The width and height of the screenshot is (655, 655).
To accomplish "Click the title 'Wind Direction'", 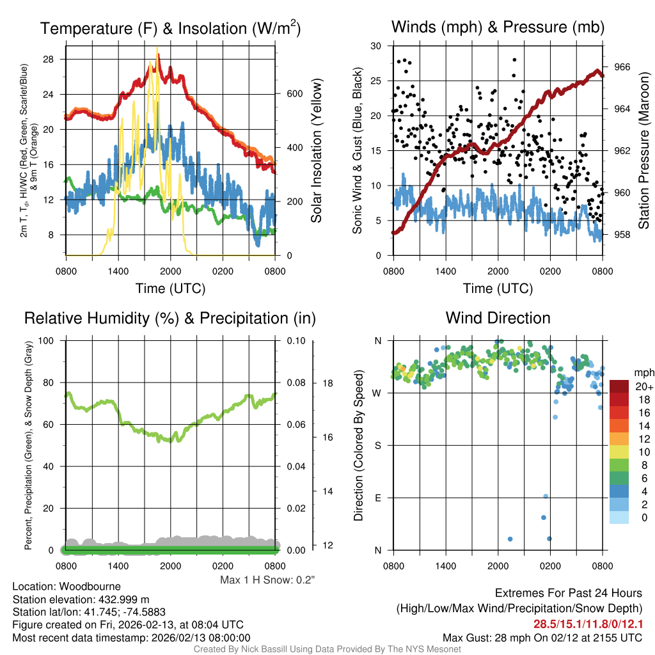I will (498, 318).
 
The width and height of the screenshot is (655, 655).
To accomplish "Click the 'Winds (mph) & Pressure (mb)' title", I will (498, 28).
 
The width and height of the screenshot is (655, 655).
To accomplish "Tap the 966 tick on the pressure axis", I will (622, 67).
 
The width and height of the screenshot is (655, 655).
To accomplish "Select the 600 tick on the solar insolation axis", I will (294, 93).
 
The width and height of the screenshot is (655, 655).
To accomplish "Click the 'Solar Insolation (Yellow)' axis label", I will (317, 151).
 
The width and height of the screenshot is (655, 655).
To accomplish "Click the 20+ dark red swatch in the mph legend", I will (620, 386).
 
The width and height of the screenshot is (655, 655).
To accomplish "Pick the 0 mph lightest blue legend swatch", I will (620, 517).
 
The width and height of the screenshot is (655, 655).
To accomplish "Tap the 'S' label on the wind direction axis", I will (378, 445).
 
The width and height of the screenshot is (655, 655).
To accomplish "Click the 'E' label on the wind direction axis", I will (378, 498).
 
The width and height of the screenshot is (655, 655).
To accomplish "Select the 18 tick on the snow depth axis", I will (327, 383).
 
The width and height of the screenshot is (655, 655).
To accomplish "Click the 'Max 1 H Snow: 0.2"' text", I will (267, 580).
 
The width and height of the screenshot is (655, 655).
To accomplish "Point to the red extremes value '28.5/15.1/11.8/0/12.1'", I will (588, 624).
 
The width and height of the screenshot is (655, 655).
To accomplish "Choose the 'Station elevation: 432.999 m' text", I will (81, 599).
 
